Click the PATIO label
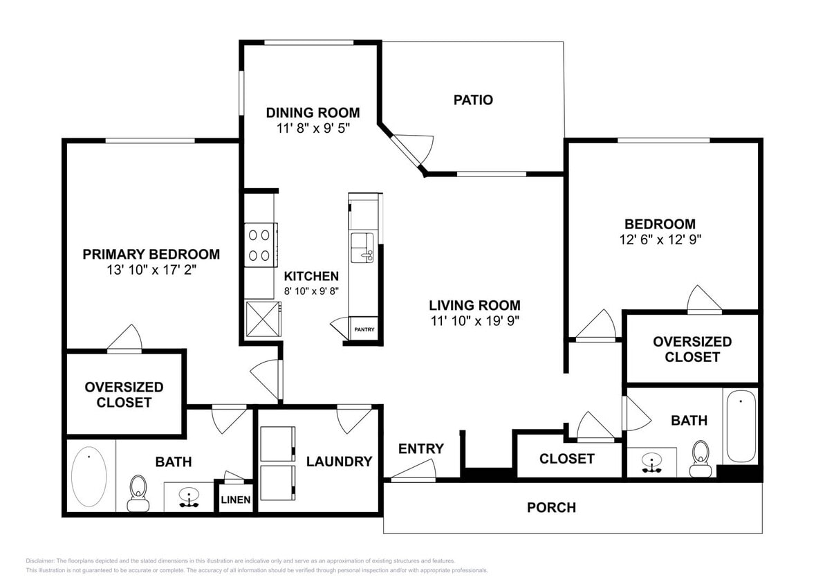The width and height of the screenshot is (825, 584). (x=473, y=100)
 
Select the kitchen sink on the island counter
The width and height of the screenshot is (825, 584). (x=362, y=248)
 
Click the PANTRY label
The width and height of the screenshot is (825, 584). (x=364, y=329)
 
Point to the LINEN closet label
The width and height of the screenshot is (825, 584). (x=236, y=500)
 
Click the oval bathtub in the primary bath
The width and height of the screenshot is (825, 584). (x=89, y=476)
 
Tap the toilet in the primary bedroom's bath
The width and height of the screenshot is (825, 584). (x=138, y=491)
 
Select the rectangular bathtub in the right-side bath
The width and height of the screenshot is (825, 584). (x=741, y=426)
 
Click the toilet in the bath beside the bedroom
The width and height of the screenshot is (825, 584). (x=701, y=458)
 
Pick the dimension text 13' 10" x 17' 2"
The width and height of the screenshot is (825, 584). (x=151, y=270)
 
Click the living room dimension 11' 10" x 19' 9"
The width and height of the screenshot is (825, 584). (x=474, y=320)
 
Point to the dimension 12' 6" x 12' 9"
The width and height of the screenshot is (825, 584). (x=660, y=239)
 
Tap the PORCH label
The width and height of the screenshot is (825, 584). (x=551, y=507)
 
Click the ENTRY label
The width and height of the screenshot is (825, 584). (x=420, y=448)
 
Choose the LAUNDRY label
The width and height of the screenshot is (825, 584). (x=339, y=461)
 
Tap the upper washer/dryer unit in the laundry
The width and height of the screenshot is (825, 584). (x=277, y=444)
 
